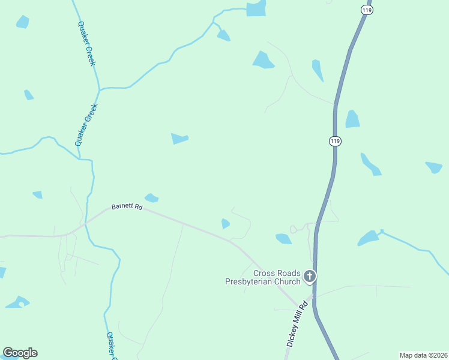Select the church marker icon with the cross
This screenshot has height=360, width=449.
(310, 277)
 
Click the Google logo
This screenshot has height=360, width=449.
(20, 353)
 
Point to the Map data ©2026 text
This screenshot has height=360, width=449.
(423, 355)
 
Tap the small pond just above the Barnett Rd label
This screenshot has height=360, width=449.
(151, 197)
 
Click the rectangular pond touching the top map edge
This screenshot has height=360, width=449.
(256, 8)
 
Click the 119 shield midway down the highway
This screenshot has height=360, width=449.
(335, 141)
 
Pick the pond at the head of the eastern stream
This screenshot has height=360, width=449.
(368, 238)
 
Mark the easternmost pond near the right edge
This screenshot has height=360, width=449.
(434, 167)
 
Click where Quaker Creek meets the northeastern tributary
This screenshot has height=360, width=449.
(100, 89)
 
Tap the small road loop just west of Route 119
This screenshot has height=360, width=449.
(294, 229)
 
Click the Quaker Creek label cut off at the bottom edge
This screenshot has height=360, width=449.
(112, 346)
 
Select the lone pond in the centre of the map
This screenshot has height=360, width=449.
(179, 139)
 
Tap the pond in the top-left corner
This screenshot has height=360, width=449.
(23, 22)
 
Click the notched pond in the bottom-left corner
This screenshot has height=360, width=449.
(18, 302)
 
